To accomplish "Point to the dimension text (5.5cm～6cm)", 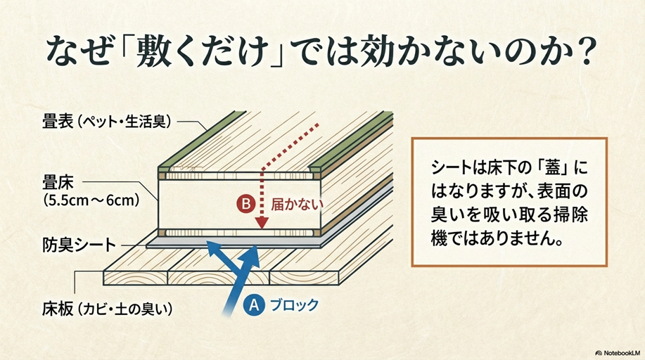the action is [90, 200].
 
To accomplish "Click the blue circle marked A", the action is [255, 305].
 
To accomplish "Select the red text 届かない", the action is [296, 205].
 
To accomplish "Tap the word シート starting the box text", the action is [449, 171].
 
